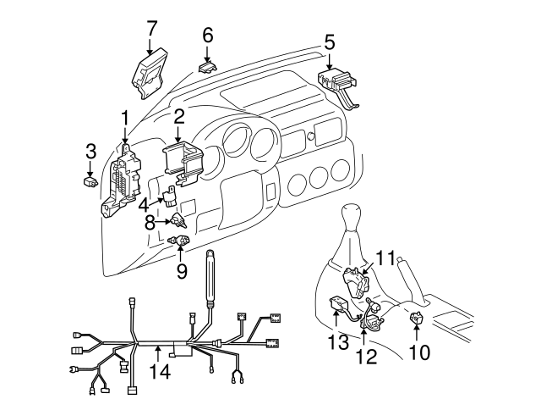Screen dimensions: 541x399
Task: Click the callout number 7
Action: pyautogui.click(x=152, y=28)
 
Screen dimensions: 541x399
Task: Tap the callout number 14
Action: pyautogui.click(x=160, y=372)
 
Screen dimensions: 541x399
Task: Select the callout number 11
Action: pyautogui.click(x=385, y=258)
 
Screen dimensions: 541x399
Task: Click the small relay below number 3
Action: pyautogui.click(x=90, y=181)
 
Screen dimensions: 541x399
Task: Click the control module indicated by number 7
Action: pyautogui.click(x=150, y=74)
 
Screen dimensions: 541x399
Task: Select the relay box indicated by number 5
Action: pyautogui.click(x=338, y=86)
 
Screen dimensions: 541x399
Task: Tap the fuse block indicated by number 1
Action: pyautogui.click(x=121, y=183)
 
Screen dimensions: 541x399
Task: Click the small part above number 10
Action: pyautogui.click(x=417, y=317)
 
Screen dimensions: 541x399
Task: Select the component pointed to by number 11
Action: pyautogui.click(x=355, y=282)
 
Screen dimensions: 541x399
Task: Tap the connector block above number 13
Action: pyautogui.click(x=339, y=303)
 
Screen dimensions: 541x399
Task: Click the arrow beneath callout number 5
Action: pyautogui.click(x=330, y=62)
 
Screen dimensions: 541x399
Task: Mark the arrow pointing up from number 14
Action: pyautogui.click(x=158, y=354)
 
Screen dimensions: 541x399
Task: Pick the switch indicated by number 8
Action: pyautogui.click(x=178, y=220)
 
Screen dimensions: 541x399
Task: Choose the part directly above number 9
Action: pyautogui.click(x=178, y=240)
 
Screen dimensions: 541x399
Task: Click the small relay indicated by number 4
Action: pyautogui.click(x=170, y=197)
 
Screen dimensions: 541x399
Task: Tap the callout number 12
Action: pyautogui.click(x=366, y=357)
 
